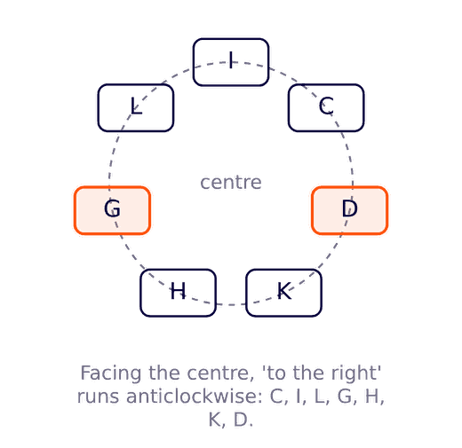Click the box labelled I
[x=231, y=62]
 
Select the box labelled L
[x=136, y=108]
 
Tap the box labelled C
[x=326, y=108]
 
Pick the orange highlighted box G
[x=112, y=210]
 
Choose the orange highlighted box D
[x=350, y=210]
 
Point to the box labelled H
[x=178, y=293]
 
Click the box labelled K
[x=283, y=293]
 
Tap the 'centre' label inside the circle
[x=231, y=183]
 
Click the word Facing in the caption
[x=111, y=374]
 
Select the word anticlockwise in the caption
[x=195, y=397]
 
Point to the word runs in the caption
[x=98, y=397]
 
